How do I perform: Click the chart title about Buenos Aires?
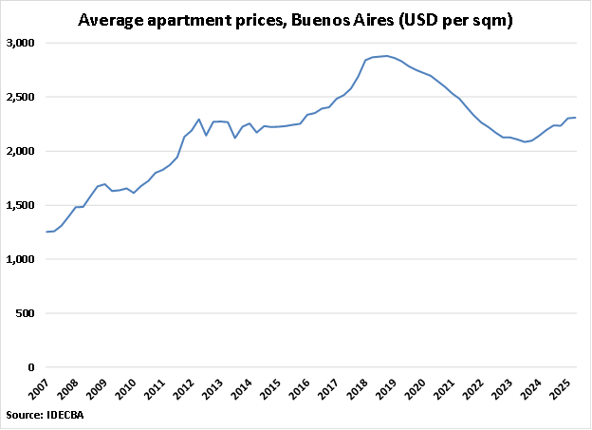(296, 19)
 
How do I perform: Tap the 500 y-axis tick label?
(25, 314)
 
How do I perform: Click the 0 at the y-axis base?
(31, 368)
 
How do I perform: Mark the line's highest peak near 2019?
(386, 56)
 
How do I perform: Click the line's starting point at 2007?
(46, 232)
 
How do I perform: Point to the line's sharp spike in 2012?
(198, 120)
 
